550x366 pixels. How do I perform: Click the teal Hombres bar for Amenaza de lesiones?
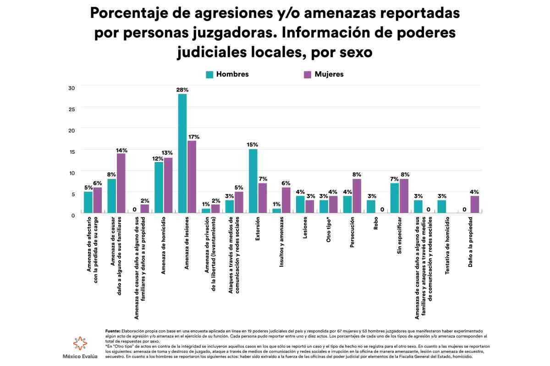click(182, 153)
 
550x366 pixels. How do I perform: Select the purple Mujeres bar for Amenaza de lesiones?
click(192, 177)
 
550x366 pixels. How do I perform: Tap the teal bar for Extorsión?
click(253, 181)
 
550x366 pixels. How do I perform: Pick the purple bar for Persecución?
click(357, 196)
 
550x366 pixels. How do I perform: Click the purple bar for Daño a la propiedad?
click(475, 204)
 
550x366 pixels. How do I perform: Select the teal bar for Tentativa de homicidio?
click(442, 206)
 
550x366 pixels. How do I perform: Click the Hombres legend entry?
click(227, 74)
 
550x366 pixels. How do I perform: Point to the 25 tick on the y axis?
click(71, 109)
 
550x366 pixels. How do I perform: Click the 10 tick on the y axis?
click(71, 172)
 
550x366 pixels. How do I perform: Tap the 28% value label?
click(182, 90)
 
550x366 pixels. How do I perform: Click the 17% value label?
click(193, 136)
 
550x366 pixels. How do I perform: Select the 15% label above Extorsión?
click(253, 145)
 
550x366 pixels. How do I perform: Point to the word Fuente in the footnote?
click(113, 330)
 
